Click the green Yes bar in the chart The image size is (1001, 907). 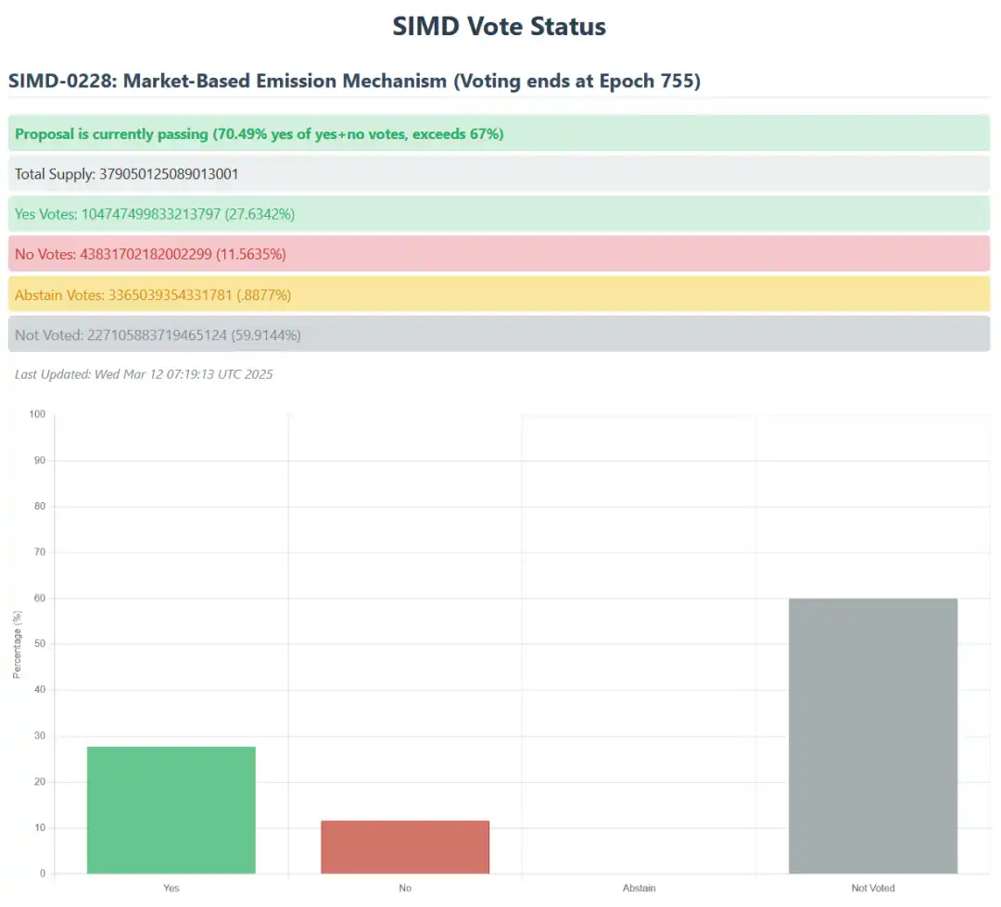click(171, 810)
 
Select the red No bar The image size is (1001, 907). click(405, 847)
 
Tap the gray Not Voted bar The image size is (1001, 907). click(872, 736)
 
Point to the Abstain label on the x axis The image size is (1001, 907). click(639, 888)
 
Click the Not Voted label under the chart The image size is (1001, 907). click(872, 888)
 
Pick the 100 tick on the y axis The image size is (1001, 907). click(37, 414)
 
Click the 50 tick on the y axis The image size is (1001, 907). click(39, 644)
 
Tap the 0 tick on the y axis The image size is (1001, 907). click(43, 874)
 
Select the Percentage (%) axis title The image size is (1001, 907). click(18, 644)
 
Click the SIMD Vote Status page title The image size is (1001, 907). click(499, 26)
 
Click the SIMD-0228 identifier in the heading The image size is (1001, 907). click(60, 82)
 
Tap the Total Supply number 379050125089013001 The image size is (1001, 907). click(169, 174)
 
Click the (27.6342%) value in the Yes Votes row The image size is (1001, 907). click(260, 214)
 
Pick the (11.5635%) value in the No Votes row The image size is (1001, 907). click(251, 254)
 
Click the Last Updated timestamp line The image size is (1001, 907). click(144, 374)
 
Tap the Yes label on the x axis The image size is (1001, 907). click(171, 888)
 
